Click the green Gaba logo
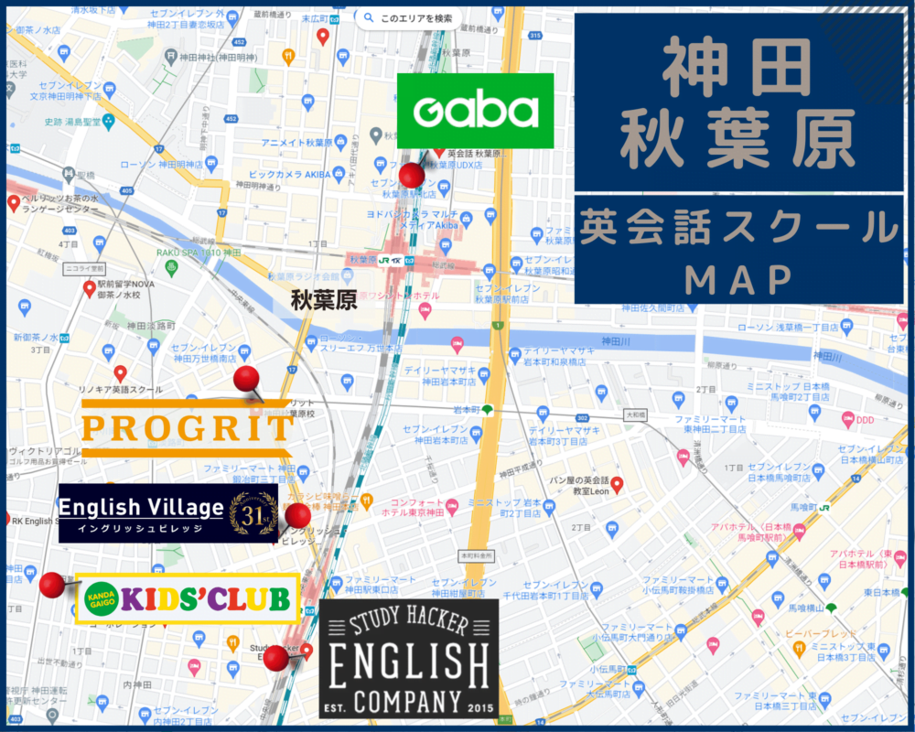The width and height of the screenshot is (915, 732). [475, 111]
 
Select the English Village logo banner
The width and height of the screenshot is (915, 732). [167, 513]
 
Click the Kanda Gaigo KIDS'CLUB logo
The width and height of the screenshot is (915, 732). [188, 598]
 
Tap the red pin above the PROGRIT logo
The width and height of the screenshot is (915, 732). [247, 379]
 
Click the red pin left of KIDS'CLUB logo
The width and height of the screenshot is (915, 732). [52, 584]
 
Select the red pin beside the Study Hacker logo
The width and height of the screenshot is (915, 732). [275, 657]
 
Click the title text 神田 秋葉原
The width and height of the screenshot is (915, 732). [738, 102]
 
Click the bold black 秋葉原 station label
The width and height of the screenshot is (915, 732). [324, 300]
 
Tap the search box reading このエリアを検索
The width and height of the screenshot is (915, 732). [408, 17]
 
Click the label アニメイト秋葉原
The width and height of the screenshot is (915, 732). [296, 143]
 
